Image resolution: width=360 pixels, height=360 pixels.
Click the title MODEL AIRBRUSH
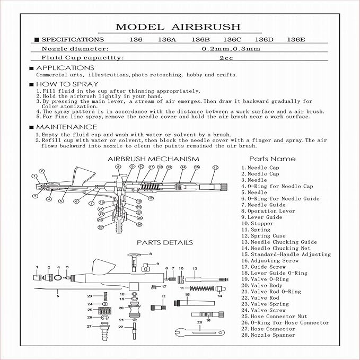click(178, 27)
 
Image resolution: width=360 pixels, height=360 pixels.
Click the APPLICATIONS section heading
click(65, 68)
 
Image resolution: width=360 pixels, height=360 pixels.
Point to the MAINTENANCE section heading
click(66, 127)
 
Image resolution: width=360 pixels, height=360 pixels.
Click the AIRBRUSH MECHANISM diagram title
click(153, 159)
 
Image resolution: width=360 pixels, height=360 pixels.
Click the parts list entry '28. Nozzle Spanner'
click(268, 335)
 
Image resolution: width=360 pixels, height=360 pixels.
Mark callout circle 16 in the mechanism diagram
click(215, 168)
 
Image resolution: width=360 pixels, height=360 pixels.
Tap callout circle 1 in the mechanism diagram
click(34, 175)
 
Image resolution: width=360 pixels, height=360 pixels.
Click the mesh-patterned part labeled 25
click(104, 309)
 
